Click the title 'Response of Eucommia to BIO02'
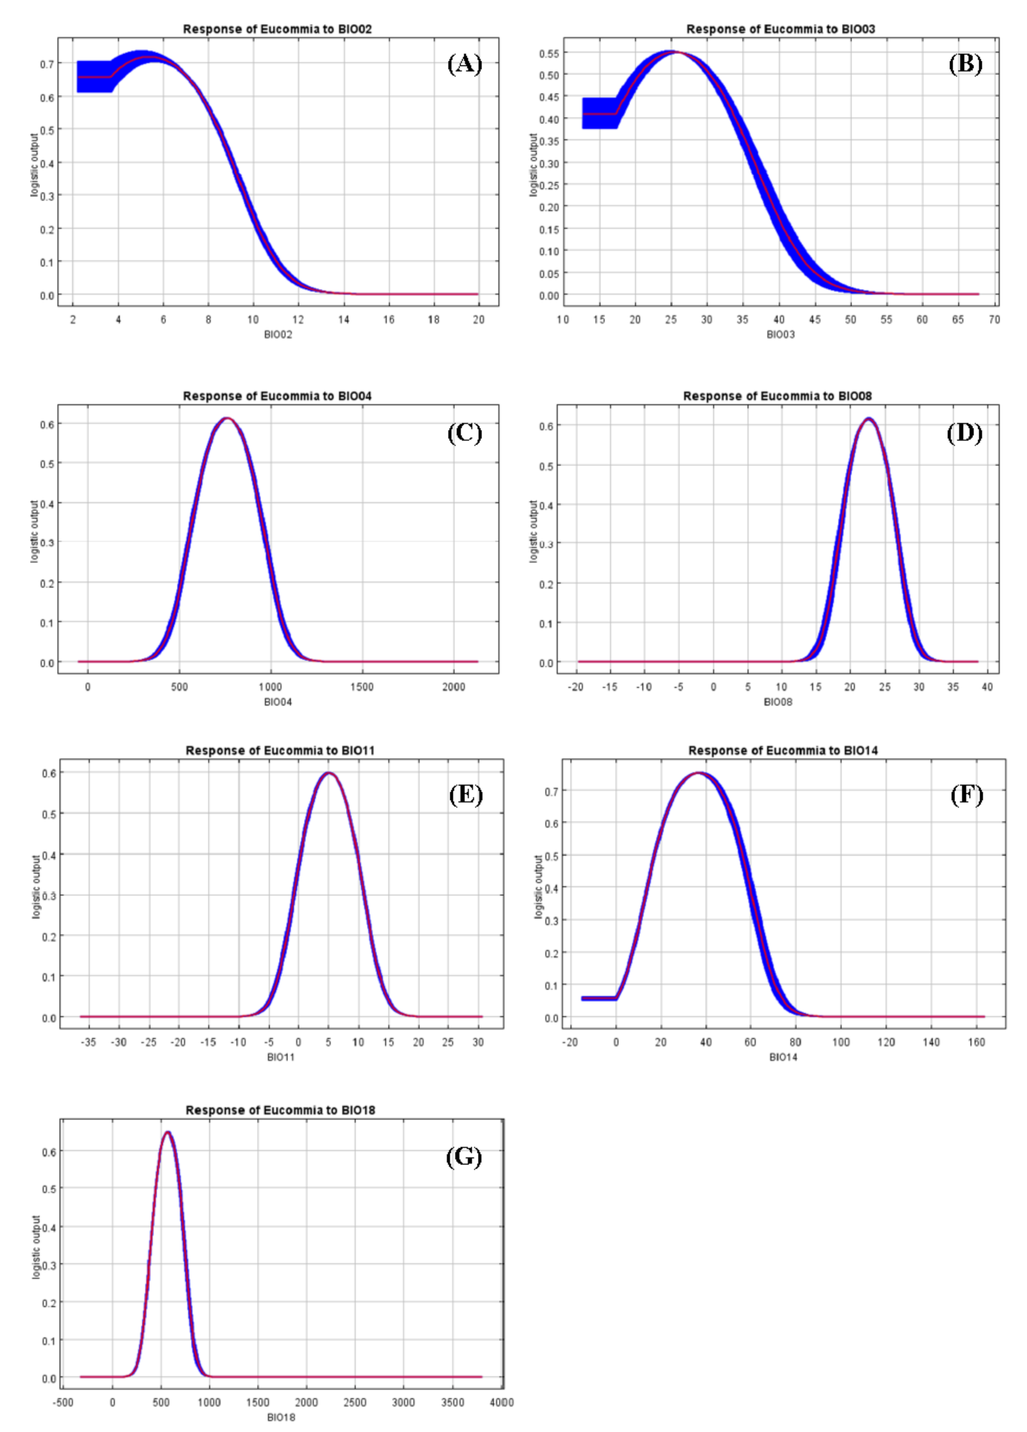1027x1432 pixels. pos(277,29)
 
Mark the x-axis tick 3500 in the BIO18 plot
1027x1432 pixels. pos(452,1402)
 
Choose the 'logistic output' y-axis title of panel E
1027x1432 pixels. pos(36,887)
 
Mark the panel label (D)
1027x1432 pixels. pos(964,433)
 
